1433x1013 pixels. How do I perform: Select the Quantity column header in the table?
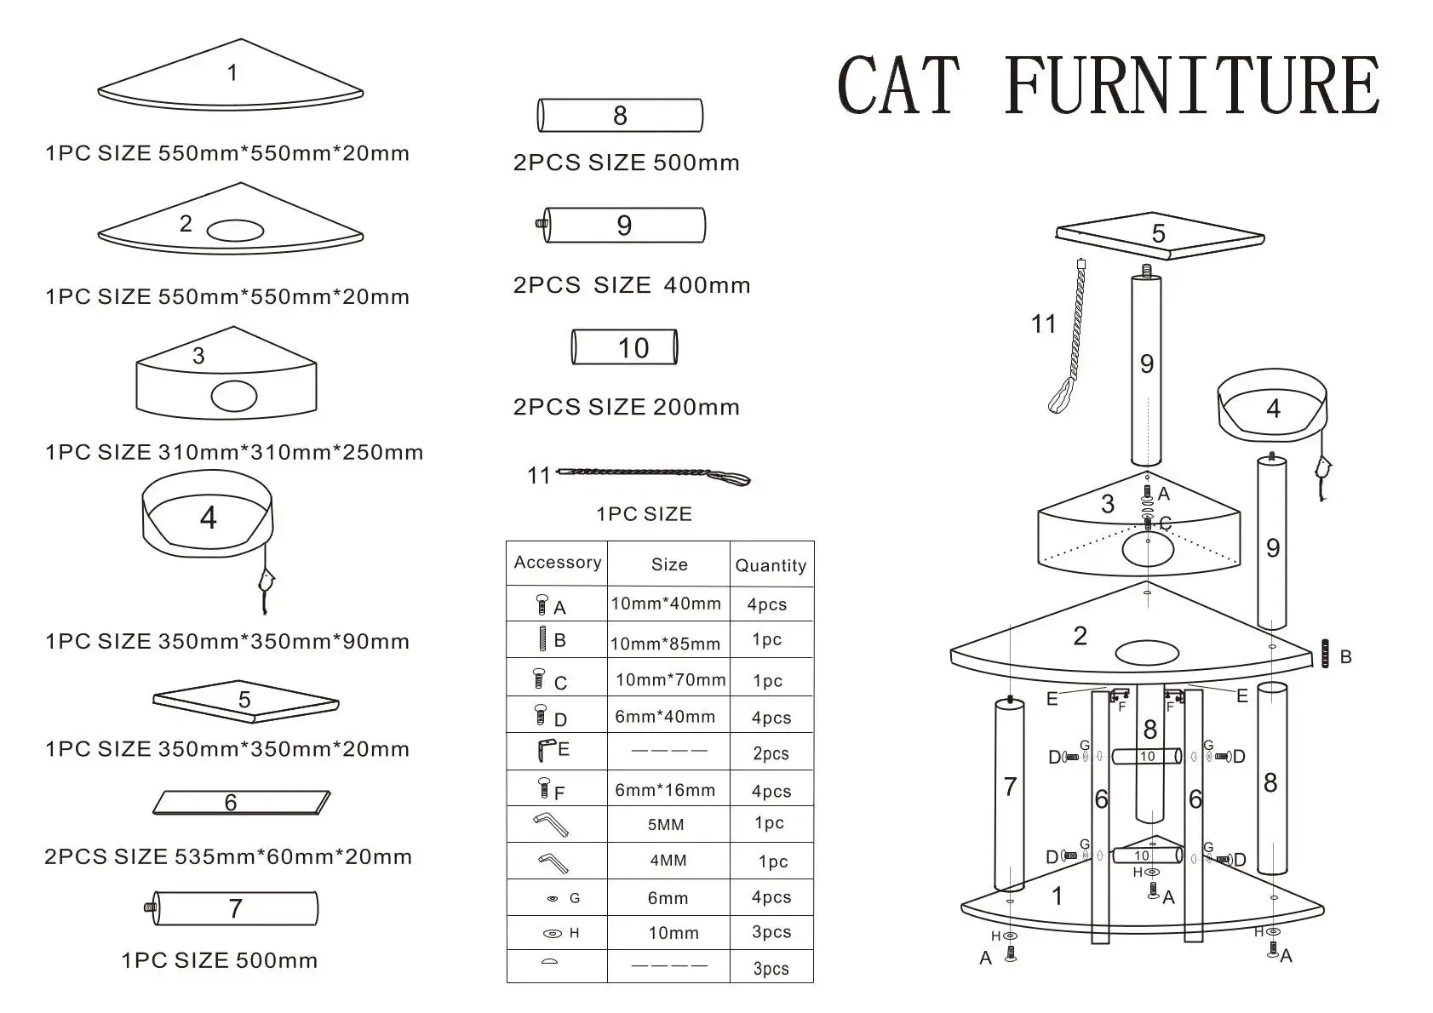pos(771,565)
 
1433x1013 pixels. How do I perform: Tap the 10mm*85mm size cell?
pos(665,644)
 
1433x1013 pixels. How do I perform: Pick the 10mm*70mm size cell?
pos(670,679)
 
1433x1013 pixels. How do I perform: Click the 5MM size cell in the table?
pos(666,824)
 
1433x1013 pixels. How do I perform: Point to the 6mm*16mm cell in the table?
pos(665,790)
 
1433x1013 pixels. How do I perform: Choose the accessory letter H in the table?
pos(574,933)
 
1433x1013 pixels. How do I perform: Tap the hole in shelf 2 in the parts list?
pos(235,230)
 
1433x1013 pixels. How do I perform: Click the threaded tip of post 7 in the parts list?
pos(150,907)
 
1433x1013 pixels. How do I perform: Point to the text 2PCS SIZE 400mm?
pos(631,285)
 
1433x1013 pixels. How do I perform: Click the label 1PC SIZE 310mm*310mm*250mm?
pos(234,452)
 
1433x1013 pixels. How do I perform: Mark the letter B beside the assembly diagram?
pos(1345,656)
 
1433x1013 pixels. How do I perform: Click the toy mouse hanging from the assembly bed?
pos(1323,469)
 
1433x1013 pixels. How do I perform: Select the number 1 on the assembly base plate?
pos(1057,896)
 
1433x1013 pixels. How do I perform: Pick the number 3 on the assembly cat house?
pos(1107,504)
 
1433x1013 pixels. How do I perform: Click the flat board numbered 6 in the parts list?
pos(241,803)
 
